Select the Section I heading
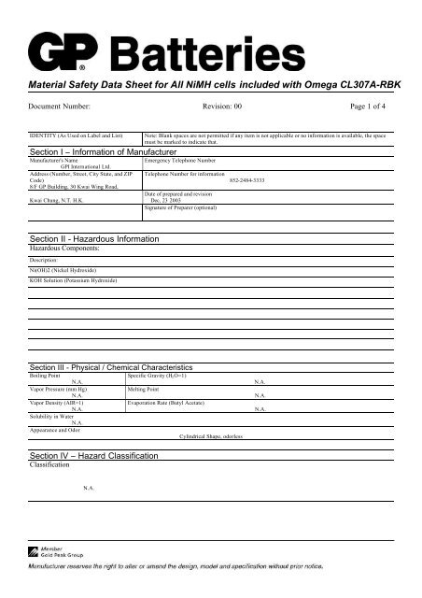point(105,150)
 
